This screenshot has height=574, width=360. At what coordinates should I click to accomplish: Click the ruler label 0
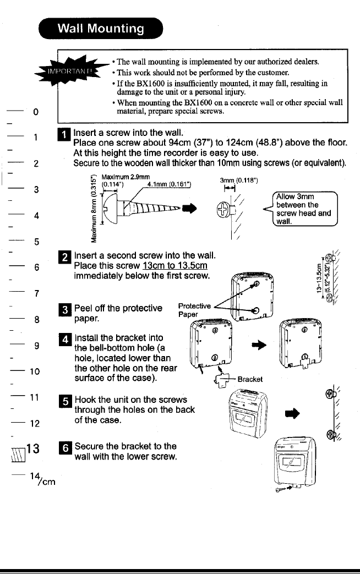pyautogui.click(x=35, y=113)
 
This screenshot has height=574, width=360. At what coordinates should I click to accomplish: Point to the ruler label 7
pyautogui.click(x=35, y=292)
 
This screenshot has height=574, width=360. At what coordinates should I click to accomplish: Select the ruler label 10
pyautogui.click(x=35, y=369)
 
